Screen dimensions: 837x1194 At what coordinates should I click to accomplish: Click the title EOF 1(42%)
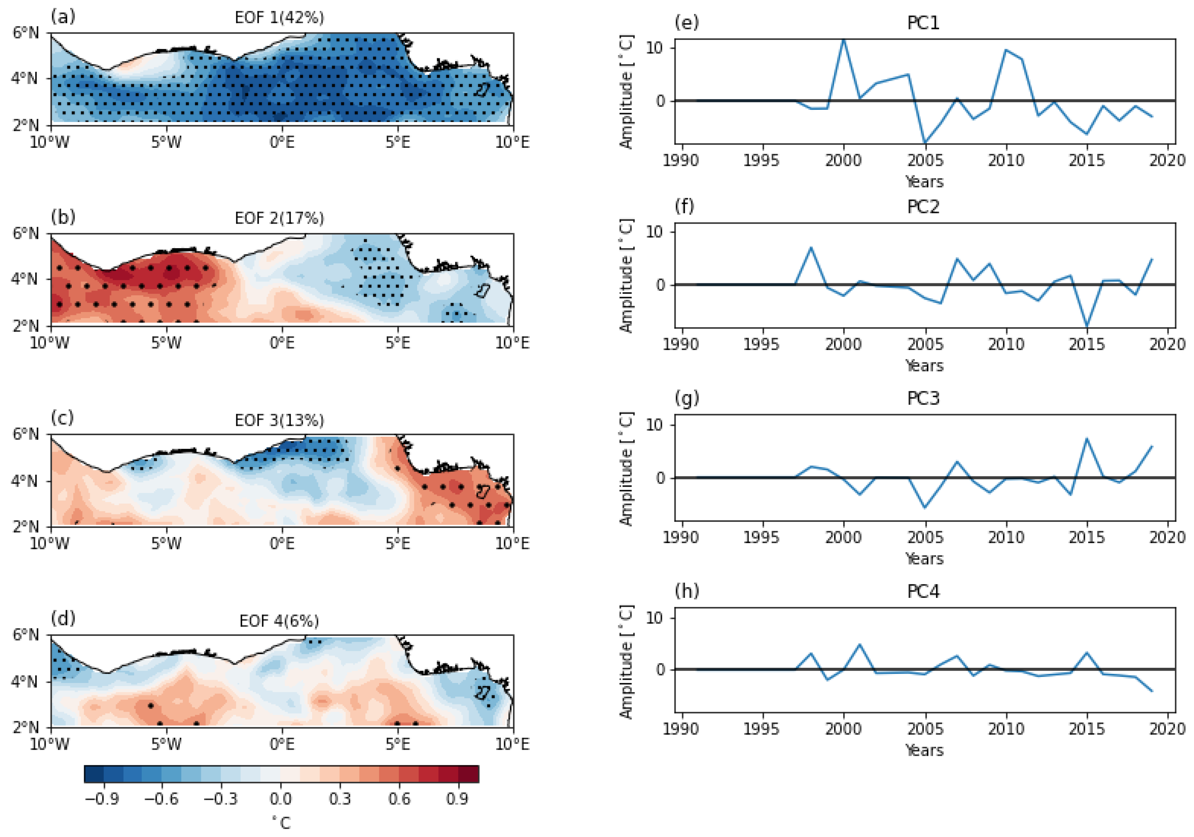point(279,18)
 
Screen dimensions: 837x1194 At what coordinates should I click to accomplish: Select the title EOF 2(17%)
point(279,218)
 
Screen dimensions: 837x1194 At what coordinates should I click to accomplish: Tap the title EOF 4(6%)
point(279,621)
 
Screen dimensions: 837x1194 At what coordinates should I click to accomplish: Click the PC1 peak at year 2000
point(843,40)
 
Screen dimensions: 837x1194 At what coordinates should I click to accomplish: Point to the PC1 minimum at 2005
point(925,142)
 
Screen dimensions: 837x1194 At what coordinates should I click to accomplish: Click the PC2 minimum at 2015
point(1087,326)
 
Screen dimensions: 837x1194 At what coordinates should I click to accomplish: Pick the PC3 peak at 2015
point(1087,439)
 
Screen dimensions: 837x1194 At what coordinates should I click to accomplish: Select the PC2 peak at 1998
point(811,248)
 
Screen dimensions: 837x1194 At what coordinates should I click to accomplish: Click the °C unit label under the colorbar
point(281,823)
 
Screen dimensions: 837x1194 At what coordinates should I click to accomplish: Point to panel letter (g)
point(687,398)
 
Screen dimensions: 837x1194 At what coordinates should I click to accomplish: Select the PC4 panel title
point(923,592)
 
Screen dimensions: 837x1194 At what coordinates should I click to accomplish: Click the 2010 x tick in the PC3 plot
point(1006,537)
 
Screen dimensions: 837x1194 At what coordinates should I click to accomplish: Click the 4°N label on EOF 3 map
point(24,481)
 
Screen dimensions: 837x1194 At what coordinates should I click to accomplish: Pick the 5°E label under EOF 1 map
point(398,142)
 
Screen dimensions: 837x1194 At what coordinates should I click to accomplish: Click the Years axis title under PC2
point(924,366)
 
